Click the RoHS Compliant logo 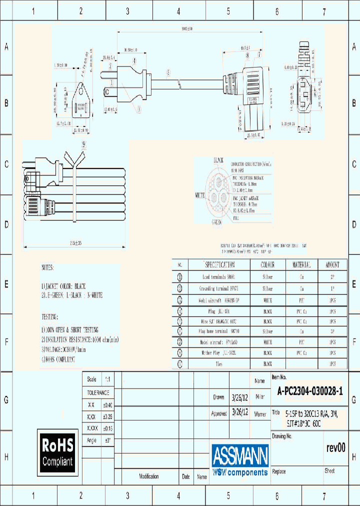57,452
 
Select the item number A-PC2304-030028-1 310,392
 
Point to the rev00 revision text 335,448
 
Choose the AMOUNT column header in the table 332,264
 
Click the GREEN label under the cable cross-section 217,222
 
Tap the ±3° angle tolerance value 106,440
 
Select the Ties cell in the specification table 219,363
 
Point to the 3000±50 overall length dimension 187,29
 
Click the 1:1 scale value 106,379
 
